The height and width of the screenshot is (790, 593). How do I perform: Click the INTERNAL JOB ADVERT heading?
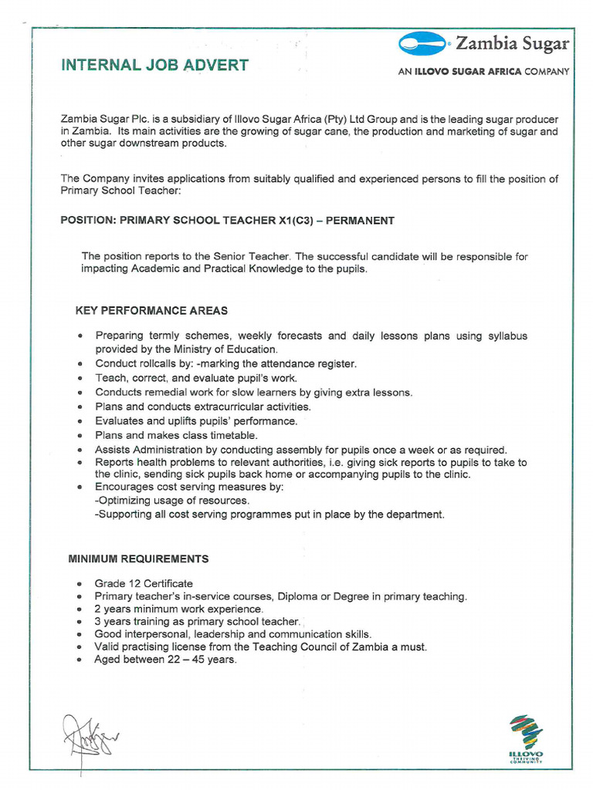click(x=154, y=65)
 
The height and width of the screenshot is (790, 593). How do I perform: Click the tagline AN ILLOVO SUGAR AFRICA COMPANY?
click(x=483, y=72)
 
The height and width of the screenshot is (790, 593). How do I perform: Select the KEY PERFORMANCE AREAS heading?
click(x=151, y=311)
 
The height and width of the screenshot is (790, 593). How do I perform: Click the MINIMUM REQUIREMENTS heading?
click(x=138, y=559)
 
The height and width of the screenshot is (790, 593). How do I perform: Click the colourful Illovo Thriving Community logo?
click(x=525, y=739)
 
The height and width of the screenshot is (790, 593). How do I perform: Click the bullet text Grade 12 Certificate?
click(x=144, y=583)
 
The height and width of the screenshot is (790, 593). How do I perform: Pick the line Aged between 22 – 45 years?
click(x=165, y=660)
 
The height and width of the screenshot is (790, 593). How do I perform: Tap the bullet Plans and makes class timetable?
click(x=176, y=435)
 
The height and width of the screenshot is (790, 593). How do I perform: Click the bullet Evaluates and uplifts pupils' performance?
click(x=196, y=421)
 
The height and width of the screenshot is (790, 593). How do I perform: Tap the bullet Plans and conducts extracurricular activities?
click(x=203, y=407)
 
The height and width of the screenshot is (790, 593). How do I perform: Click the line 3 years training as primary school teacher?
click(x=197, y=621)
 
